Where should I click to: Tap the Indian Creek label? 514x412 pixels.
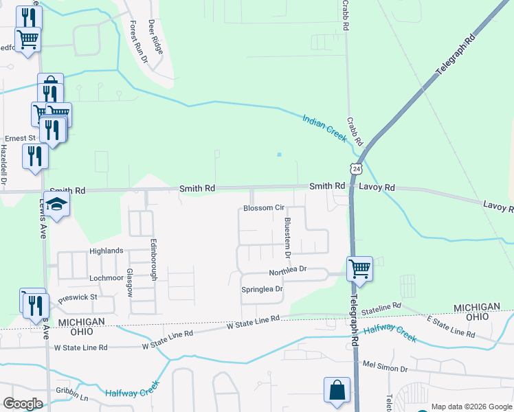[x=324, y=128]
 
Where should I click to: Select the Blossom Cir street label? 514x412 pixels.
[x=264, y=208]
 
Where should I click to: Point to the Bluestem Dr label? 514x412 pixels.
[x=288, y=238]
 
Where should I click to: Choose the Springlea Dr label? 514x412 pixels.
[x=262, y=289]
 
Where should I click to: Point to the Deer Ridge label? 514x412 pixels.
[x=156, y=37]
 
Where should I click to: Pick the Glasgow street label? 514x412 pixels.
[x=129, y=282]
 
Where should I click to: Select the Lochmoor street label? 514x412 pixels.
[x=106, y=279]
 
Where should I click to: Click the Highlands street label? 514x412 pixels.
[x=106, y=251]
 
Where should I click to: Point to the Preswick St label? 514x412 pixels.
[x=78, y=298]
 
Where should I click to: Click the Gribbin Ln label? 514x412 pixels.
[x=73, y=398]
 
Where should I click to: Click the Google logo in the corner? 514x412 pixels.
[x=23, y=403]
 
